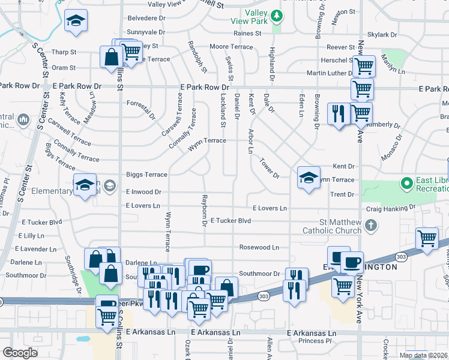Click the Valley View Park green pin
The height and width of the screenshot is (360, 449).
pyautogui.click(x=276, y=14)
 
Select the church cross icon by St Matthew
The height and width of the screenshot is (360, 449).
pyautogui.click(x=371, y=226)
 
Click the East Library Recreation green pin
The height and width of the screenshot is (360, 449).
pyautogui.click(x=406, y=182)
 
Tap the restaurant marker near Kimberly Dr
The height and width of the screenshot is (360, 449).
pyautogui.click(x=338, y=113)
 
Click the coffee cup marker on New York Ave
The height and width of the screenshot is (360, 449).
pyautogui.click(x=352, y=262)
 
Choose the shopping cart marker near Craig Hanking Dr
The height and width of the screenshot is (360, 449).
pyautogui.click(x=427, y=238)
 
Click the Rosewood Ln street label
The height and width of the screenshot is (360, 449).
pyautogui.click(x=259, y=247)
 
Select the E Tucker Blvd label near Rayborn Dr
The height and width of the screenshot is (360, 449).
pyautogui.click(x=231, y=221)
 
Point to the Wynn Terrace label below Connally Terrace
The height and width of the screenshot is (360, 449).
pyautogui.click(x=207, y=140)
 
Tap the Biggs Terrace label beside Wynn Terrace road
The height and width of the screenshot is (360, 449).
pyautogui.click(x=146, y=175)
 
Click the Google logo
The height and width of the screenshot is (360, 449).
pyautogui.click(x=19, y=353)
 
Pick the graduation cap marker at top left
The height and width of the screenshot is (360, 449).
pyautogui.click(x=76, y=21)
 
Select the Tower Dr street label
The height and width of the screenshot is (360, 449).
pyautogui.click(x=270, y=168)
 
